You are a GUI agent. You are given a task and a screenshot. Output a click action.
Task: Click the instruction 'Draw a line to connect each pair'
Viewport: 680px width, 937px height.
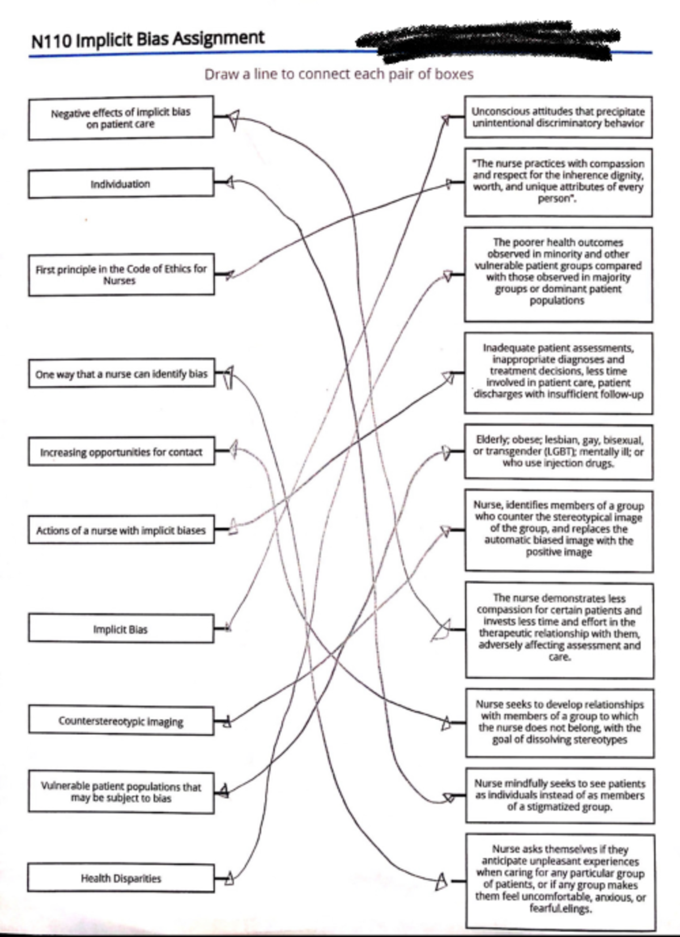(x=338, y=74)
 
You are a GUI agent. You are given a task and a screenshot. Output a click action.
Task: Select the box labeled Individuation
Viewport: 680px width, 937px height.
(x=121, y=184)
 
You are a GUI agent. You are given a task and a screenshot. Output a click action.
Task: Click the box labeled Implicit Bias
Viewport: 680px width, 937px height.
(x=121, y=629)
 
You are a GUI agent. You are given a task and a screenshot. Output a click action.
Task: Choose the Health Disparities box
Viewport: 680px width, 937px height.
(x=121, y=878)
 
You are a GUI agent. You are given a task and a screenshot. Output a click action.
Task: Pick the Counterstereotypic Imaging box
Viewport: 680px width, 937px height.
(x=121, y=721)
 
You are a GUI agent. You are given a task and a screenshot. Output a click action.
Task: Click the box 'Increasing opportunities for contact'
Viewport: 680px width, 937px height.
(x=121, y=452)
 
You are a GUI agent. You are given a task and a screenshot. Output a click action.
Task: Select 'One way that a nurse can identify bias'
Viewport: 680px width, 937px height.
(x=121, y=374)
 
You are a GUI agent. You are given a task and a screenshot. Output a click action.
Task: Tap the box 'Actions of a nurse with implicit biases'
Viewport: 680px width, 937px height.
(x=121, y=530)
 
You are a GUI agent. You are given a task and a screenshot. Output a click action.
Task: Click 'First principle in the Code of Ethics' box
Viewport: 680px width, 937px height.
(x=121, y=275)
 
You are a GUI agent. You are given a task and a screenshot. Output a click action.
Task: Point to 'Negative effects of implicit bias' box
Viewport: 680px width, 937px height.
(x=121, y=118)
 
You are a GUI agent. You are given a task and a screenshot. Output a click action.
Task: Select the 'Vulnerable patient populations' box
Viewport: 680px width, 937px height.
(x=121, y=792)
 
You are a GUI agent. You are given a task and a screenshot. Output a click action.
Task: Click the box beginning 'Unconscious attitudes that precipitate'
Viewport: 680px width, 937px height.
(x=558, y=117)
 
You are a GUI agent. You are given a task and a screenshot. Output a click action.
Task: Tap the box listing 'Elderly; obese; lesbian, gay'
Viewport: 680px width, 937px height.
(x=558, y=452)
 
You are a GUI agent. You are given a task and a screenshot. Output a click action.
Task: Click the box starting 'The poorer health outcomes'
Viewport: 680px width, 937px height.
(x=558, y=272)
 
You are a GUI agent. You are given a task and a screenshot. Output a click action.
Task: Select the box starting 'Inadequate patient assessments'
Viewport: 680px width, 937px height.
(x=558, y=371)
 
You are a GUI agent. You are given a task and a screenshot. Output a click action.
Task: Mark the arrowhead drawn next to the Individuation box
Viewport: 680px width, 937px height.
(x=229, y=182)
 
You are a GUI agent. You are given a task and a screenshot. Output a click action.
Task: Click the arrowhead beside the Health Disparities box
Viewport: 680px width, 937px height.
(x=229, y=879)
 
